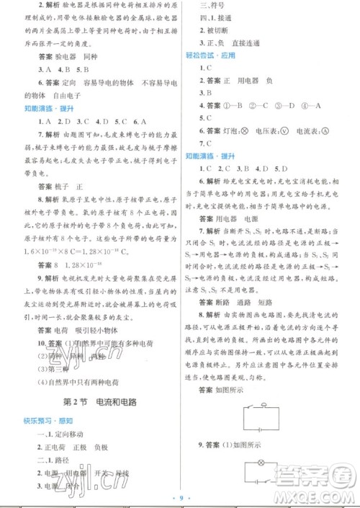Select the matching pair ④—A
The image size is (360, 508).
coord(312,105)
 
